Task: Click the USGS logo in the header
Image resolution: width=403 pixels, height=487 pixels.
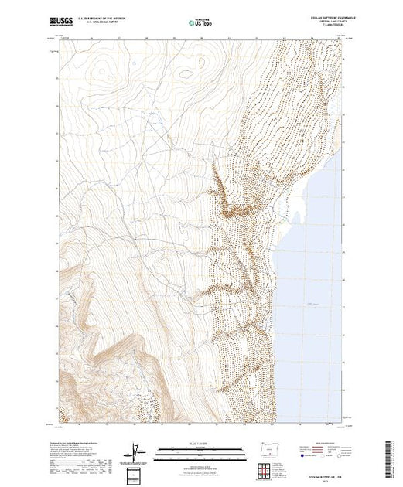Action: [62, 20]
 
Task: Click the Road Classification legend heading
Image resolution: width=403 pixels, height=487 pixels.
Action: [326, 440]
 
